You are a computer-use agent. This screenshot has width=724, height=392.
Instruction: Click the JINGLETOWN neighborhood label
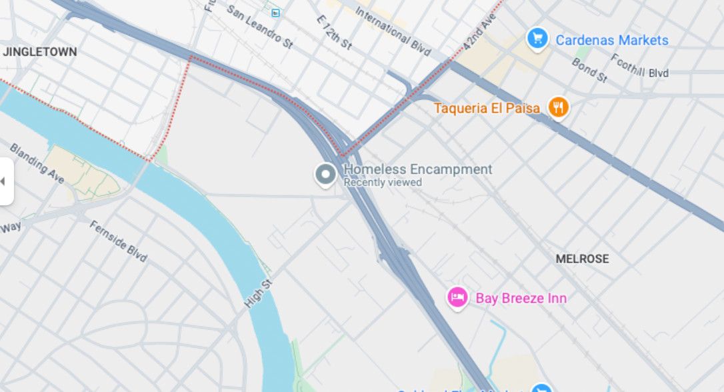40,51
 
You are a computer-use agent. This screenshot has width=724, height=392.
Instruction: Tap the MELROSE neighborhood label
582,259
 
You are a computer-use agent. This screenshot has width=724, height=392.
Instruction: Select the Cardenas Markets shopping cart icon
537,39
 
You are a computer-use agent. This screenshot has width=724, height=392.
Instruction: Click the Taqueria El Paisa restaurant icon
558,107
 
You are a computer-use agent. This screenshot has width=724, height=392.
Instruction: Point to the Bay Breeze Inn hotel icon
457,297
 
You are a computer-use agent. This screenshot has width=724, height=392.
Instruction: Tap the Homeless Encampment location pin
325,175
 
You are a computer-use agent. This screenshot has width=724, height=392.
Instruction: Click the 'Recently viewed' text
383,183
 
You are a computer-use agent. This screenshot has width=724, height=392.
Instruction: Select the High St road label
259,293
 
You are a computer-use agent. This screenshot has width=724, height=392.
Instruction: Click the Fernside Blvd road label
118,241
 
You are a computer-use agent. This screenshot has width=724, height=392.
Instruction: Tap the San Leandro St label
259,27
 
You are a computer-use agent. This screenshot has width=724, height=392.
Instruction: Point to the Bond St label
589,70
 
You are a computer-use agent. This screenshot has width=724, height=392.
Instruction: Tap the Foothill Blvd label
639,68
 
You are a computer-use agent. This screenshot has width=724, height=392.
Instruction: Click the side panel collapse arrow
3,181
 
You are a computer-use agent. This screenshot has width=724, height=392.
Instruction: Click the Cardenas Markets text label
611,40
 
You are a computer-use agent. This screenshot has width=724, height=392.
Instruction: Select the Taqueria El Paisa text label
487,108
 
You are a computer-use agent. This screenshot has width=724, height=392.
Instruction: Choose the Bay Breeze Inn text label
521,298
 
